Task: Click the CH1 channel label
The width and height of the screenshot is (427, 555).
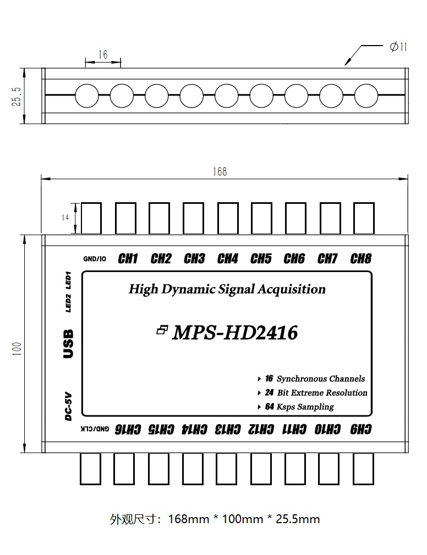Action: tap(128, 258)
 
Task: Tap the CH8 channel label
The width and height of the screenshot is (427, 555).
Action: tap(361, 258)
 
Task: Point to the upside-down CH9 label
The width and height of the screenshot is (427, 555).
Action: tap(360, 429)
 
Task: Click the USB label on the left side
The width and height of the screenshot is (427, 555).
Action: tap(68, 344)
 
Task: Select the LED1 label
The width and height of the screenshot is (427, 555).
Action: tap(69, 279)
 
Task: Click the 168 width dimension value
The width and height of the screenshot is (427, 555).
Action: tap(220, 172)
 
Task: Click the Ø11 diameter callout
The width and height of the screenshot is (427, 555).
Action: tap(398, 48)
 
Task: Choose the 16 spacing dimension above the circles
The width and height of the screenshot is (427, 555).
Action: tap(103, 54)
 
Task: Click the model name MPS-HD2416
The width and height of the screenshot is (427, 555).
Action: tap(235, 332)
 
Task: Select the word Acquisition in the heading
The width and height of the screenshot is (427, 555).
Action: tap(295, 289)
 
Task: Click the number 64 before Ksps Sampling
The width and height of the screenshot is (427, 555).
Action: tap(269, 407)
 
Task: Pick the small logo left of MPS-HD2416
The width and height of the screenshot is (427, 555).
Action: tap(162, 330)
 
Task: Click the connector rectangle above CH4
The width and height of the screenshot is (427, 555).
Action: tap(227, 218)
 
